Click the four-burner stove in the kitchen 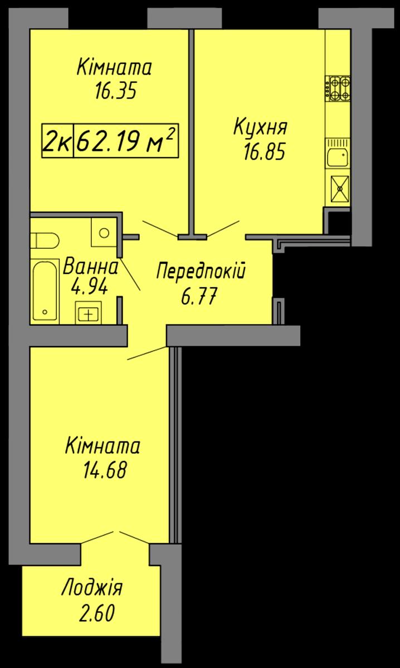pos(338,89)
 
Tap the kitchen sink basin pos(338,157)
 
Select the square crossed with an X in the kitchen pos(340,189)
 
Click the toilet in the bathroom pos(45,240)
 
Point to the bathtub pos(45,290)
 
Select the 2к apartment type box pos(57,140)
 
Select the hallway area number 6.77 pos(198,296)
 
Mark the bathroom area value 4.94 pos(89,287)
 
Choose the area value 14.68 pos(105,470)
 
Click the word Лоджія pos(92,588)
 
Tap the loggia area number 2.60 pos(97,613)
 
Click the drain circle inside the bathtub pos(45,312)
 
